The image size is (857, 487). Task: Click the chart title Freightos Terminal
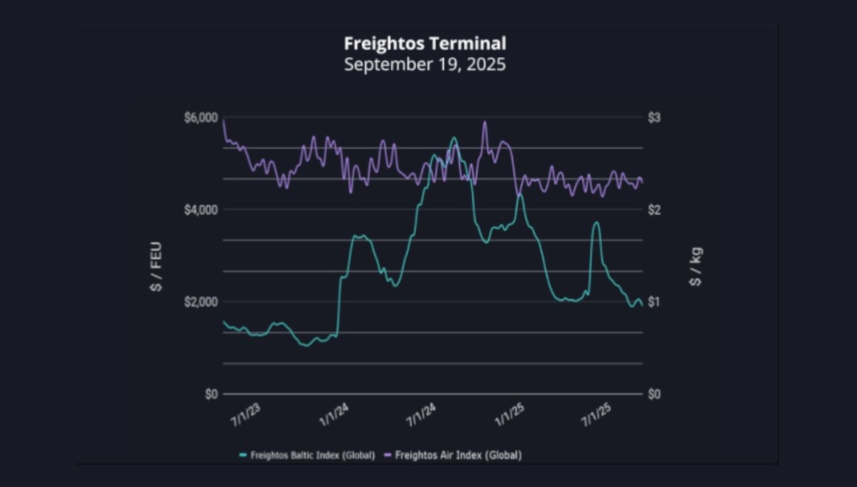(425, 44)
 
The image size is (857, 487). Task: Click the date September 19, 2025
(425, 64)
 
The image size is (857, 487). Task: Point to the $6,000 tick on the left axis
(201, 118)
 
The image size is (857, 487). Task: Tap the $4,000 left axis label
(201, 210)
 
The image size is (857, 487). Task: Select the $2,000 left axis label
(201, 302)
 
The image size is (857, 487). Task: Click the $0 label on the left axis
(211, 394)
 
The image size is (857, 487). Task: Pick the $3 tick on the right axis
(654, 118)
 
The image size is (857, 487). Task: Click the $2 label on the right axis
(654, 210)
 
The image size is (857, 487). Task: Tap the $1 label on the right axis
(654, 302)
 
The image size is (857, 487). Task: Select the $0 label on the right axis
(654, 394)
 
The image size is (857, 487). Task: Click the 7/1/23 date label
(246, 415)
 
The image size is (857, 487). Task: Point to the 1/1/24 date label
(334, 415)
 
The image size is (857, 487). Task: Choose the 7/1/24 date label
(421, 415)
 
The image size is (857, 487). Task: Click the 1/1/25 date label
(510, 415)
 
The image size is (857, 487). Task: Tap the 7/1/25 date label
(596, 415)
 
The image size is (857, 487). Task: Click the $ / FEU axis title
(156, 266)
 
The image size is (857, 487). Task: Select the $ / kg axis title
(696, 266)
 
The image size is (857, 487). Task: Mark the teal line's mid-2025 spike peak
(596, 222)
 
